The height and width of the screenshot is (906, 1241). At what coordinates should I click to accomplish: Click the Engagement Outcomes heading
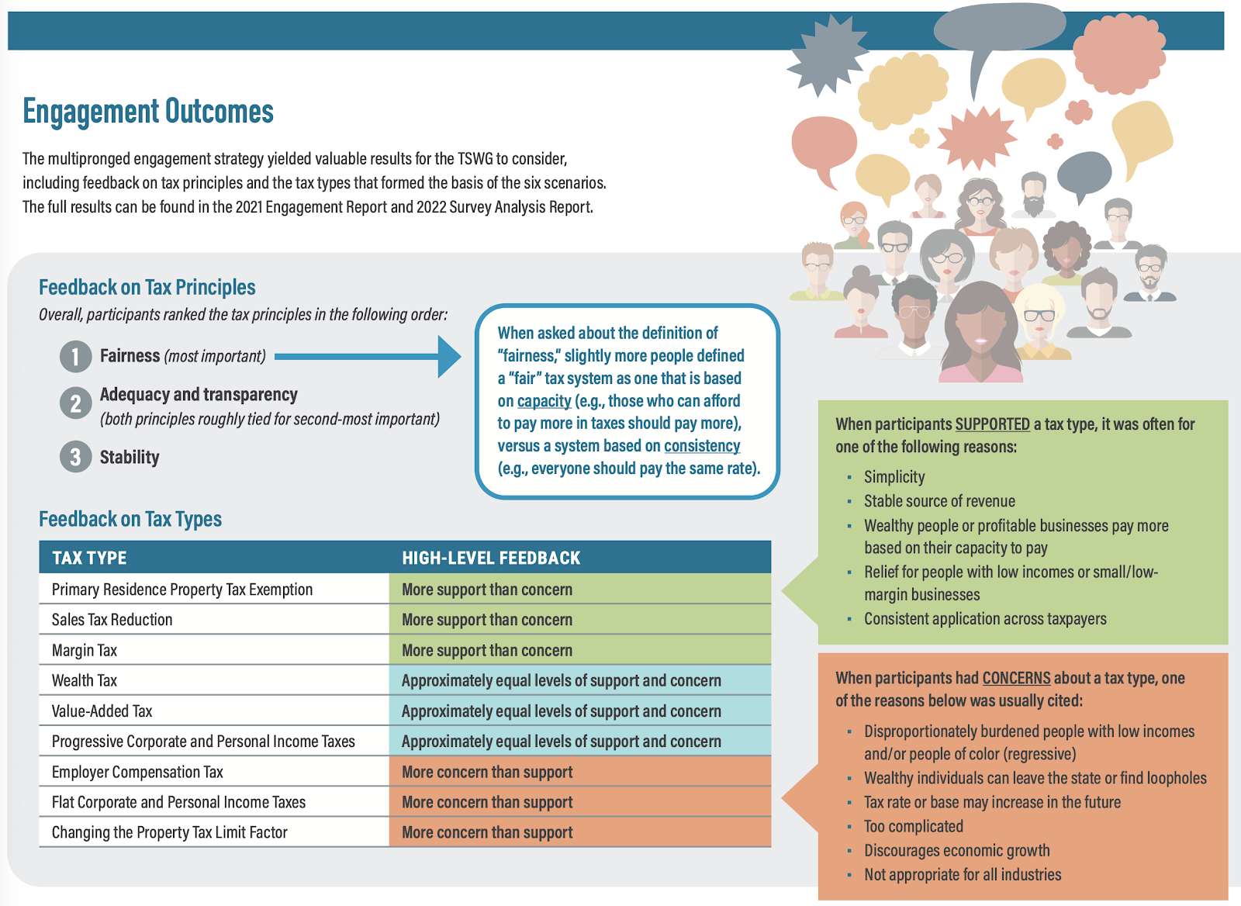(x=148, y=112)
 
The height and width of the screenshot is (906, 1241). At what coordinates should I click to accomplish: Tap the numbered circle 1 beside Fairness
(x=75, y=357)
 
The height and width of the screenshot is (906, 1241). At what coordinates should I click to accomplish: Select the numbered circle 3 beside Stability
(x=75, y=457)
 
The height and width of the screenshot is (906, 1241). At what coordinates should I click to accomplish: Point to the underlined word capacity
(x=544, y=401)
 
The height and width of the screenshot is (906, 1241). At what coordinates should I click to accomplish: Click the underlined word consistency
(x=701, y=446)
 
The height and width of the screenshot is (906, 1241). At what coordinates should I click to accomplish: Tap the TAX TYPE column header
(x=89, y=558)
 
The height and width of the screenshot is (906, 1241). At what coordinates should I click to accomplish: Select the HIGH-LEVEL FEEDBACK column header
(x=491, y=558)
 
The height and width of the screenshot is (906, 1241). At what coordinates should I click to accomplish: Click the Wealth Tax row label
(x=85, y=680)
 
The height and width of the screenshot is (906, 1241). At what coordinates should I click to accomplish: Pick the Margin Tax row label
(x=85, y=650)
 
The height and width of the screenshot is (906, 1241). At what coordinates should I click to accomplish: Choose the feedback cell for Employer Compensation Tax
(x=579, y=772)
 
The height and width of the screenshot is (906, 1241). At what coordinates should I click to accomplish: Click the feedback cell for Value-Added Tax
(x=579, y=711)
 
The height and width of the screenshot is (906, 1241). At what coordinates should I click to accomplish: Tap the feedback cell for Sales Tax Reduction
(x=579, y=620)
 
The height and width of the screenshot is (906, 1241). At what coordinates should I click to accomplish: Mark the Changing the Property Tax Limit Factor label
(x=170, y=832)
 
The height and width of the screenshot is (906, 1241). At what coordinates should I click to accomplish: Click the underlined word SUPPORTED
(x=992, y=424)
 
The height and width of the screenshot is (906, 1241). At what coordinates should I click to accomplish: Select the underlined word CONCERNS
(x=1016, y=678)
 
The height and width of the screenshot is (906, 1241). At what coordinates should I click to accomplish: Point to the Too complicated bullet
(x=914, y=826)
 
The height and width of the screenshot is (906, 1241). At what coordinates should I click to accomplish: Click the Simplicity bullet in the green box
(x=894, y=477)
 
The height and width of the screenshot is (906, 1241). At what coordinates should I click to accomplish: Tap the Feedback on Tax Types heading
(x=130, y=519)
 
